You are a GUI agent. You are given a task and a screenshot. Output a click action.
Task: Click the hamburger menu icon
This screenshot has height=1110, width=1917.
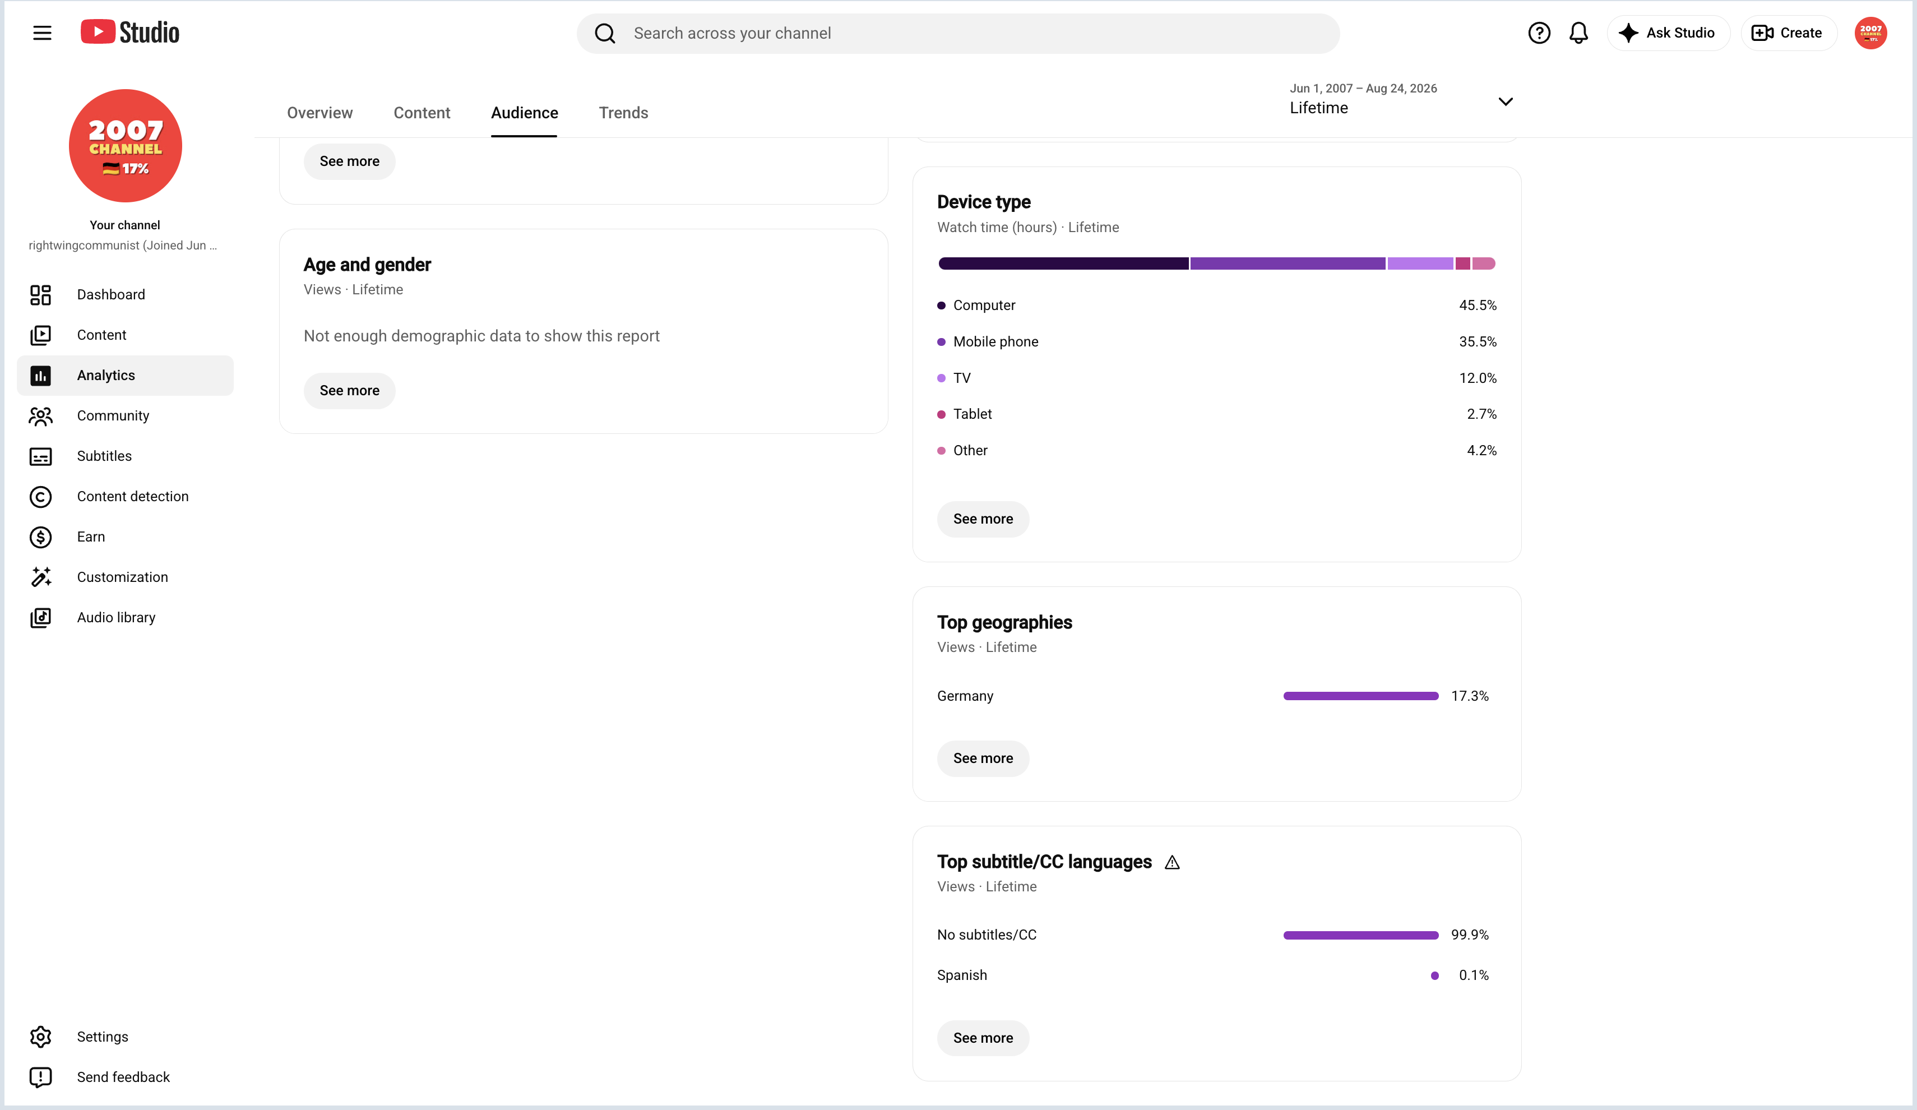42,33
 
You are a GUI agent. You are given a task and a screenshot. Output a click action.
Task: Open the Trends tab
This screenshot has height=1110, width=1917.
623,113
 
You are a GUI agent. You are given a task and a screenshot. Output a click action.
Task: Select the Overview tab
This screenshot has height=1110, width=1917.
319,113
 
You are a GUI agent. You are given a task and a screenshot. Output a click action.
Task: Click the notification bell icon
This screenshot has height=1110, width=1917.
1578,33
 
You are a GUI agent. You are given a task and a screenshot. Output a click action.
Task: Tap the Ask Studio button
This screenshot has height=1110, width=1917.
1668,33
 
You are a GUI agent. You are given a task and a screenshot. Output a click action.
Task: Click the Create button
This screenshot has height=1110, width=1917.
1788,33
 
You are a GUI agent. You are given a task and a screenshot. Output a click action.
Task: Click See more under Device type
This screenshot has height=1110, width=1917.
983,519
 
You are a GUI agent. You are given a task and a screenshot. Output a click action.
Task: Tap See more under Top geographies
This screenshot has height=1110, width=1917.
983,758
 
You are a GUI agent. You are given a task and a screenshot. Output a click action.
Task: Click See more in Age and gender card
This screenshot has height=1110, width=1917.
349,390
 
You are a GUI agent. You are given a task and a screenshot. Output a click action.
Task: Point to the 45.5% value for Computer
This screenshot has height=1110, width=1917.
1478,305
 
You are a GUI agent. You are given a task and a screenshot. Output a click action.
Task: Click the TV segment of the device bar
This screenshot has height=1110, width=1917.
1419,263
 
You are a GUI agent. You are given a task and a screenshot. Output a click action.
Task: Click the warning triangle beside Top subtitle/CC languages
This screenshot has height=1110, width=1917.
1171,862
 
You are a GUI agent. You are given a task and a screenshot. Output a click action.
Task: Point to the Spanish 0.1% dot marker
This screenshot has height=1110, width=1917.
1434,975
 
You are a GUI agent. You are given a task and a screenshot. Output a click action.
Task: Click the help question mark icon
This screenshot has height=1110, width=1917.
1539,33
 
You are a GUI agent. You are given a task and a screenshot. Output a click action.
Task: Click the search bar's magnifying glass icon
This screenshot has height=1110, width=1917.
605,33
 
